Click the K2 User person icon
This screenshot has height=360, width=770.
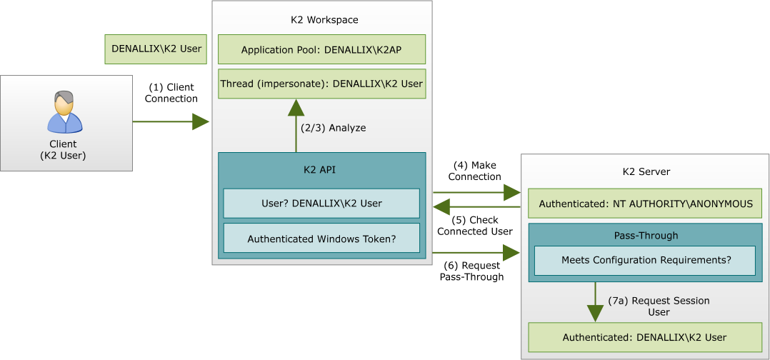(65, 112)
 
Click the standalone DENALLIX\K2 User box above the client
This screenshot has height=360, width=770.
(156, 49)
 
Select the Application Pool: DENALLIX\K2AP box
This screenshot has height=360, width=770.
(321, 50)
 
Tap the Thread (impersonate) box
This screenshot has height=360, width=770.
(321, 84)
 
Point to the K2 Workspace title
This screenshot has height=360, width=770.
(324, 20)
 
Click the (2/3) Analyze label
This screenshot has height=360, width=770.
(333, 128)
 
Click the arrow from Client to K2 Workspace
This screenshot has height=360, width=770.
(171, 121)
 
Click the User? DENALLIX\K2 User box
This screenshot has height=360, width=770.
(321, 204)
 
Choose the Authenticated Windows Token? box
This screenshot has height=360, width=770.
(321, 239)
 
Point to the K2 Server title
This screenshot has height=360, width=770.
(646, 172)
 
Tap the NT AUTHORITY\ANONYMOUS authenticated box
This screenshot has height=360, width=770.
(645, 204)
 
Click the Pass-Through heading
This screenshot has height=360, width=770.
(646, 235)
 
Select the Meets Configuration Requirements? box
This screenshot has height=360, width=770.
(646, 261)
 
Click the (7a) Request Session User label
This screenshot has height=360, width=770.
(659, 306)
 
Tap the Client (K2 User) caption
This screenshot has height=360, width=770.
(63, 149)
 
